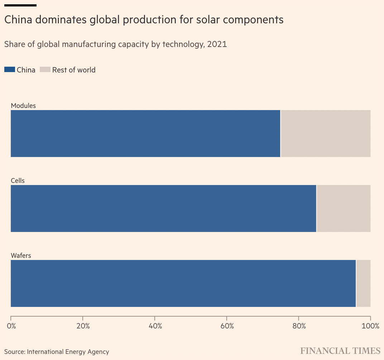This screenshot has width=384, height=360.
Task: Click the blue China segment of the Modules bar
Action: (x=145, y=133)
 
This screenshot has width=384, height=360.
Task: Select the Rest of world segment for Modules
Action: (x=326, y=133)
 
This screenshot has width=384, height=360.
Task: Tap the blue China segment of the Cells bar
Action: (x=163, y=208)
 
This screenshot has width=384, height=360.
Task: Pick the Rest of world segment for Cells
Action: (x=344, y=208)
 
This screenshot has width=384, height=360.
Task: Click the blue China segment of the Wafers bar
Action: (x=183, y=283)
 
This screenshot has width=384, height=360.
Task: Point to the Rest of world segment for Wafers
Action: (x=364, y=283)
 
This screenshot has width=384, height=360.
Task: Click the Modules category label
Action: (x=23, y=106)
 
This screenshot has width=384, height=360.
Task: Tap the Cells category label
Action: (x=18, y=181)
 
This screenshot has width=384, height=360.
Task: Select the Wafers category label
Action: (x=21, y=256)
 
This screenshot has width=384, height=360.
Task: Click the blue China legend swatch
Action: (x=10, y=70)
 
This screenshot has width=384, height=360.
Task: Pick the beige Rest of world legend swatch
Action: (x=45, y=70)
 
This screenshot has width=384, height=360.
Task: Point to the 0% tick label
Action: (x=11, y=326)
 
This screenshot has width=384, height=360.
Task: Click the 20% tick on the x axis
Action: (x=83, y=326)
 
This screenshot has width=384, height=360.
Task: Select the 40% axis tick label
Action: (x=155, y=326)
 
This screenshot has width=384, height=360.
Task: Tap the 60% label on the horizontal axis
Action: (x=227, y=326)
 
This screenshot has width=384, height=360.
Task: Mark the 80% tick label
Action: (x=299, y=326)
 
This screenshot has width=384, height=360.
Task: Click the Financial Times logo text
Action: (x=340, y=350)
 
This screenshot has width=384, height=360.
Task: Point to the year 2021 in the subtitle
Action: (x=217, y=44)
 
